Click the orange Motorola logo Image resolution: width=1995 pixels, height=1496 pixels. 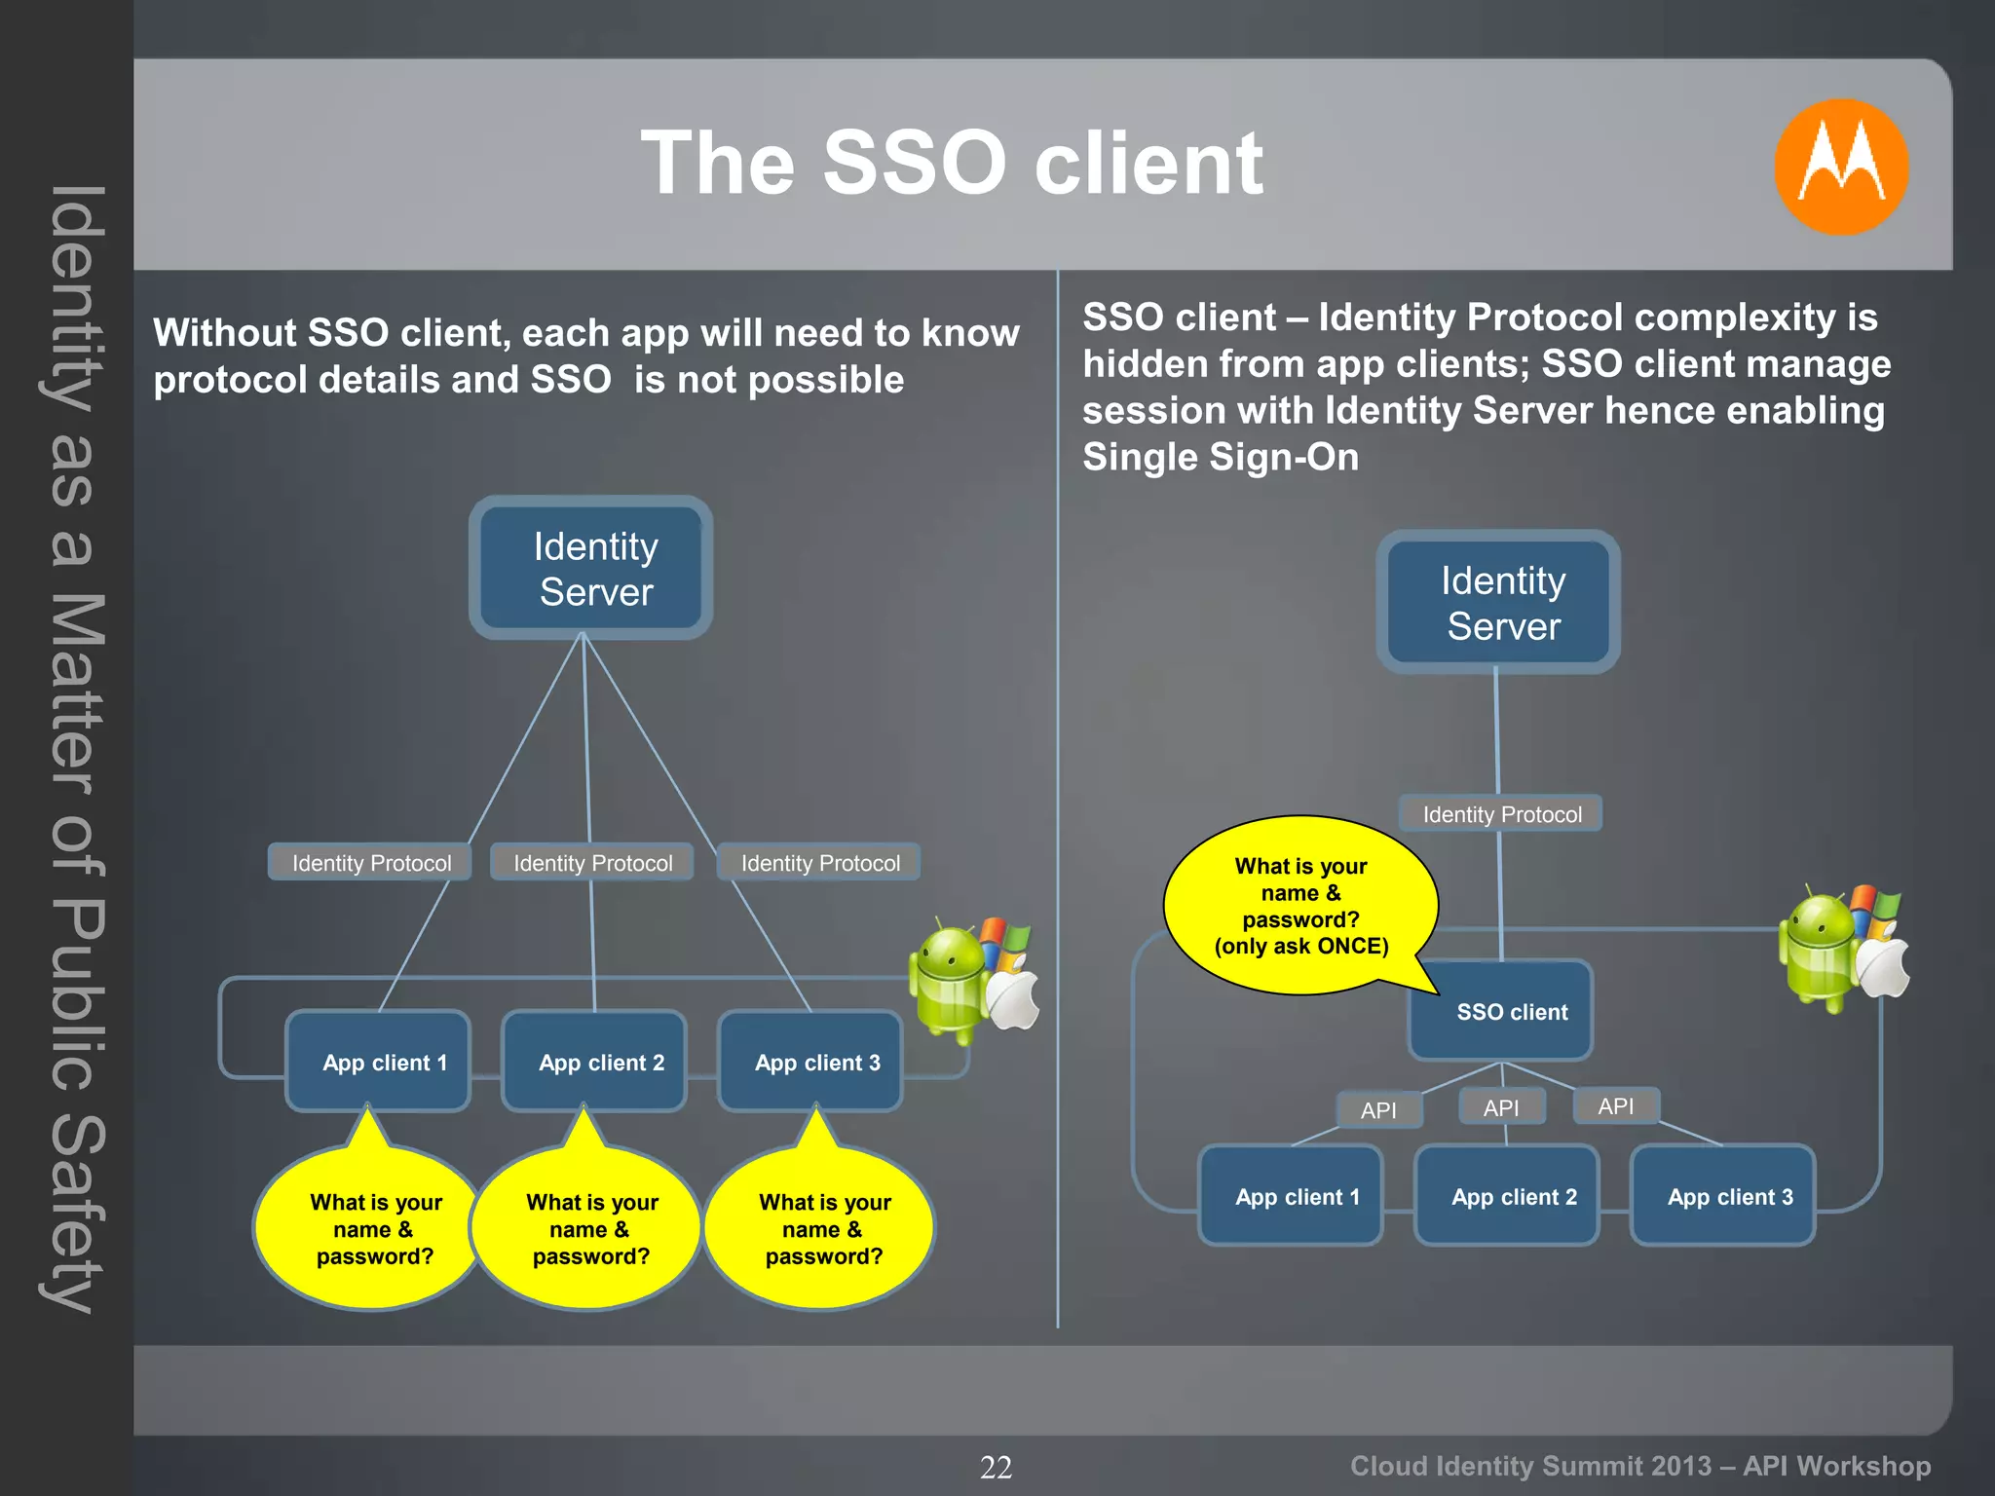pos(1840,167)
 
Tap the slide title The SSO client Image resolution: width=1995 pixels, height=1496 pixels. pos(951,163)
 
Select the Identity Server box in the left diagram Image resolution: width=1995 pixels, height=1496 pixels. pos(591,568)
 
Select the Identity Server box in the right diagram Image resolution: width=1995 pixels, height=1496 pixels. pos(1498,602)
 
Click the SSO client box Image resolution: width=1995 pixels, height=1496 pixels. pos(1500,1011)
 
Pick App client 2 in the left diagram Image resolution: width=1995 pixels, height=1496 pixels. pos(595,1062)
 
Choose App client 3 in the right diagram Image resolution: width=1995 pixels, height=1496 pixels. pos(1722,1196)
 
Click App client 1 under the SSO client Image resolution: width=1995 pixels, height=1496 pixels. pos(1291,1196)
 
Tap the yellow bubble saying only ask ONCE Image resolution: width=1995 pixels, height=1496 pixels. pos(1299,905)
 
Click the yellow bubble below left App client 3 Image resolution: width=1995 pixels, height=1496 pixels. pos(822,1228)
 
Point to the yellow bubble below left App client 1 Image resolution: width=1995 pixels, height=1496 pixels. pos(374,1228)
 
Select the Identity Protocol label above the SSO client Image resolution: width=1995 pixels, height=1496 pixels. pos(1500,814)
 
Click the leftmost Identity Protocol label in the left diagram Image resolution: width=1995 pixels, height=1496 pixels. pos(370,863)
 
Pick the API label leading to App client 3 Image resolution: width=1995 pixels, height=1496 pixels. pos(1615,1106)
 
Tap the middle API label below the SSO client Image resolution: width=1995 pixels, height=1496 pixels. pos(1501,1107)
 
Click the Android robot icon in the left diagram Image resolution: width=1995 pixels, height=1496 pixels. pos(947,979)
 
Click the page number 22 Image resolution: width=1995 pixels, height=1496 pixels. pos(996,1467)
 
